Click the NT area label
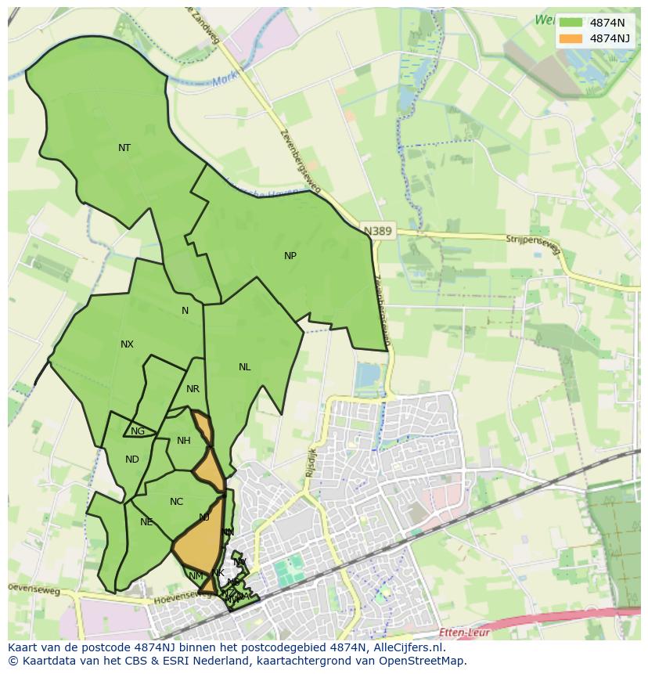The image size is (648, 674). pos(124,148)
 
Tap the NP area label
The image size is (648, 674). pos(290,256)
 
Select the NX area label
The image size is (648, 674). pos(127,344)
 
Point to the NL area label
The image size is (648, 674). pos(245,367)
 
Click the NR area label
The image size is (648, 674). pos(193,389)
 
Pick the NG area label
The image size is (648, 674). pos(138,431)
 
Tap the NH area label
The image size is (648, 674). pos(183,441)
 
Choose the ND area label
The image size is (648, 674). pos(131,460)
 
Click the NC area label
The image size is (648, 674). pos(176,502)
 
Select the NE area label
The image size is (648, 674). pos(146,522)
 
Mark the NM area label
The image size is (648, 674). pos(196,576)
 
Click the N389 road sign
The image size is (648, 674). pos(378,231)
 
